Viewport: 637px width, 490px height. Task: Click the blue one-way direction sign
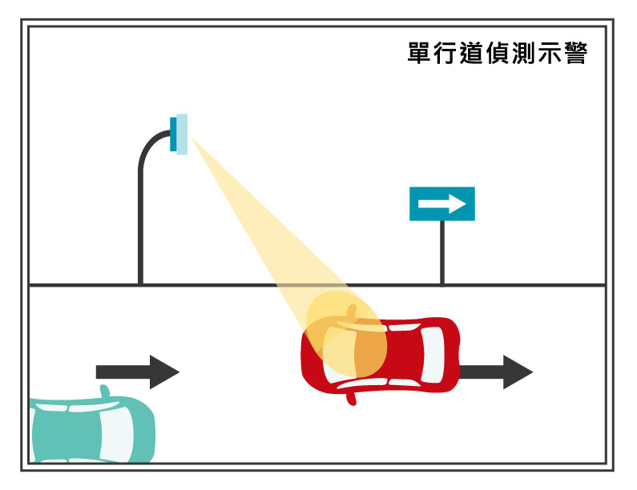442,203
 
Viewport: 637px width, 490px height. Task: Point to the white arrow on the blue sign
442,204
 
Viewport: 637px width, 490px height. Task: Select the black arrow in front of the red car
497,372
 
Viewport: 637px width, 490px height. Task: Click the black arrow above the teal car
137,372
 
